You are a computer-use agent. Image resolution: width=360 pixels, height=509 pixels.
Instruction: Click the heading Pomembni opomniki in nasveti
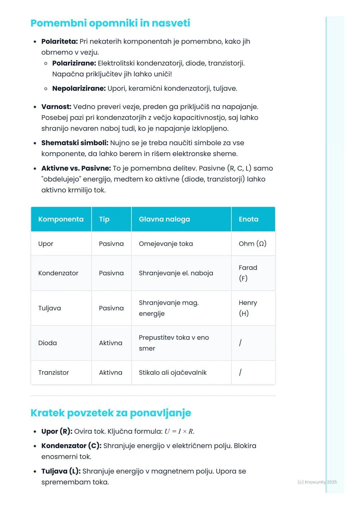(x=110, y=23)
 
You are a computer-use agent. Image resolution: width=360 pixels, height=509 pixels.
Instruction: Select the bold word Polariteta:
(x=59, y=41)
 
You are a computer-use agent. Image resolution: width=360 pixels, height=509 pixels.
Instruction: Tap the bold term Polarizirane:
(x=74, y=63)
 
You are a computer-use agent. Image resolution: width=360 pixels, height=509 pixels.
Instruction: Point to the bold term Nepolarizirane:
(x=79, y=88)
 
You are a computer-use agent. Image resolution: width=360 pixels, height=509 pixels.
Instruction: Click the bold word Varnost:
(x=56, y=107)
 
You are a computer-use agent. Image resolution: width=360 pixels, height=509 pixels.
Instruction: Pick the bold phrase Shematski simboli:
(x=75, y=143)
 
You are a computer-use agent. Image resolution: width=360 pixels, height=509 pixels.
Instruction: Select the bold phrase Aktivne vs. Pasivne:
(x=76, y=168)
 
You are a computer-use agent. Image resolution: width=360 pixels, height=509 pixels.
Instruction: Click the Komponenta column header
(x=61, y=219)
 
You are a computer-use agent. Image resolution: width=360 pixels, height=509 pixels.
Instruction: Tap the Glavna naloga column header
(x=164, y=219)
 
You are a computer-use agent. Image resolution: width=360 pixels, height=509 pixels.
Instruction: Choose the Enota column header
(x=248, y=219)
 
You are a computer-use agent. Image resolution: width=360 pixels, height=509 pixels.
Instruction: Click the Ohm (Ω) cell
(x=252, y=244)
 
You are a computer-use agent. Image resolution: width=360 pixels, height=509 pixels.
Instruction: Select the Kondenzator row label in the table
(x=58, y=273)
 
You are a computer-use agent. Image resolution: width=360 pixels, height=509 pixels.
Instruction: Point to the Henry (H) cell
(x=248, y=308)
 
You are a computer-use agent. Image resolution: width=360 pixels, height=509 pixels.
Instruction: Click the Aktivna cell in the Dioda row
(x=110, y=343)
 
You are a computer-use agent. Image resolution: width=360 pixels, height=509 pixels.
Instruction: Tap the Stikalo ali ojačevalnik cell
(x=173, y=372)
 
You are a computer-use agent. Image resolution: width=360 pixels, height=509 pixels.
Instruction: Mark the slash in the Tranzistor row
(x=240, y=372)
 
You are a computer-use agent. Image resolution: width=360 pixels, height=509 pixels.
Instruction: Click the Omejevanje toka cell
(x=166, y=244)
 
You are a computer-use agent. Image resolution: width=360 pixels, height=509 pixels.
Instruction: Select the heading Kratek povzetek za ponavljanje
(x=111, y=413)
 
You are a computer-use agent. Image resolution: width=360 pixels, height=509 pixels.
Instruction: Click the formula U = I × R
(x=179, y=431)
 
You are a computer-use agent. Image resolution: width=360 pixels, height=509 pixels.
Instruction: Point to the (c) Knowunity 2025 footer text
(x=317, y=482)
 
